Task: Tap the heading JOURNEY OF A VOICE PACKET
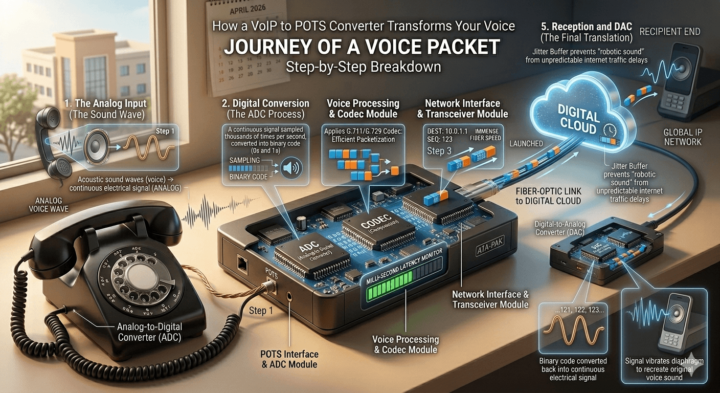[x=362, y=47]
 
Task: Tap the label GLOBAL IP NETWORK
[x=683, y=137]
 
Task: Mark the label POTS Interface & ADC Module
[x=290, y=359]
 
